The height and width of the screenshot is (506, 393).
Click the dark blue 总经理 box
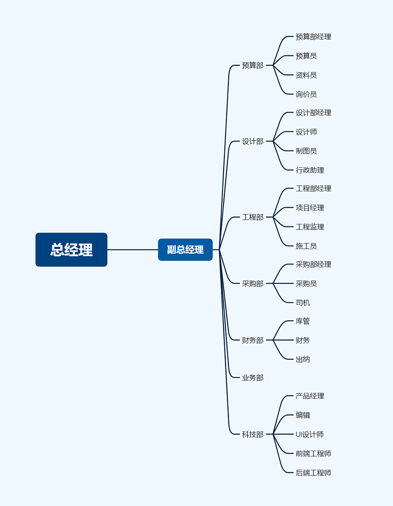pos(71,250)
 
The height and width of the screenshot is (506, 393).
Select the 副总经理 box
pos(185,250)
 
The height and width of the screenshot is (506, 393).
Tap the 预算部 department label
pos(252,66)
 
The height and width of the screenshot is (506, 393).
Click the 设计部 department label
pos(252,141)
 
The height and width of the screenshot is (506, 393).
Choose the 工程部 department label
pos(252,217)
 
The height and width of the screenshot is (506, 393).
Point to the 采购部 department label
pos(252,283)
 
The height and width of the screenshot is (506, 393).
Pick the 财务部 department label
pos(252,340)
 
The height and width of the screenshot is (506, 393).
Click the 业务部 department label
pos(252,378)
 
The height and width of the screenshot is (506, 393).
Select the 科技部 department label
pos(252,435)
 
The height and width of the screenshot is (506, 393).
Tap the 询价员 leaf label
pos(306,94)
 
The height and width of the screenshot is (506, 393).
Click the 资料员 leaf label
pos(306,75)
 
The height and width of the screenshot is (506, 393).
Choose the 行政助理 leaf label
pos(310,170)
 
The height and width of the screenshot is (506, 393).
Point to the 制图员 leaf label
pos(306,151)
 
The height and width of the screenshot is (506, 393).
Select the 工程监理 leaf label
pos(310,227)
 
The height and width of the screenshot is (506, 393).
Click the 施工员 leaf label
pos(306,246)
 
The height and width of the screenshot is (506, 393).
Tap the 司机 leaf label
pos(303,303)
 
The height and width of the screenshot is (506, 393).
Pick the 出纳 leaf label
pos(303,359)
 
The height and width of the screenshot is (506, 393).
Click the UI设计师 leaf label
pos(309,435)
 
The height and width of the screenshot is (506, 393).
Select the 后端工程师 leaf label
pos(313,473)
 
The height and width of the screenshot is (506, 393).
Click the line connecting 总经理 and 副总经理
pos(132,250)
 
